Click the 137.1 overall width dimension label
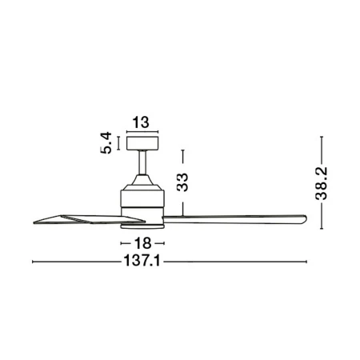tap(142, 261)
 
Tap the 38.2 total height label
tap(322, 183)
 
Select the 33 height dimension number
tap(182, 182)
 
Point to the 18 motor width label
tap(142, 243)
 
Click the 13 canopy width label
tap(141, 122)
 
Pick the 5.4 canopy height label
tap(106, 142)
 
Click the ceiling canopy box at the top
tap(142, 143)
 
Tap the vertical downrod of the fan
tap(142, 162)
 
